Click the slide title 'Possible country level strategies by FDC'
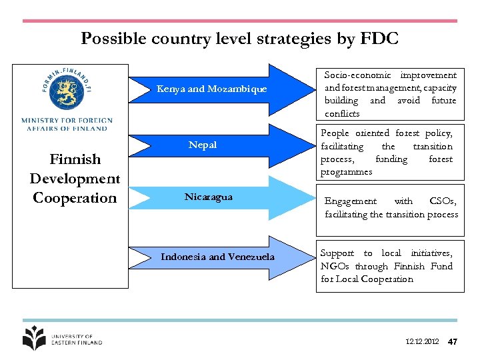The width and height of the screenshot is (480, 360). (239, 39)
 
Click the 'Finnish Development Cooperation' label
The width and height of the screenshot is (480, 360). (75, 179)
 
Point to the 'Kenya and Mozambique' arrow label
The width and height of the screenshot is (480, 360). (211, 89)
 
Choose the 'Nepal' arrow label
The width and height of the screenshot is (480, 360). (203, 145)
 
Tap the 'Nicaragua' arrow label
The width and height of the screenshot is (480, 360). (209, 197)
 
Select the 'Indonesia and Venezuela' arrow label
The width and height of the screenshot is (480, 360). (217, 257)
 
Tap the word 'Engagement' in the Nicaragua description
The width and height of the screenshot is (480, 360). (350, 201)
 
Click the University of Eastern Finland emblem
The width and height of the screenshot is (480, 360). (34, 338)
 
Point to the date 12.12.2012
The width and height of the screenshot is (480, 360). (422, 342)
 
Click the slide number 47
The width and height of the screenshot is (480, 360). (453, 342)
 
